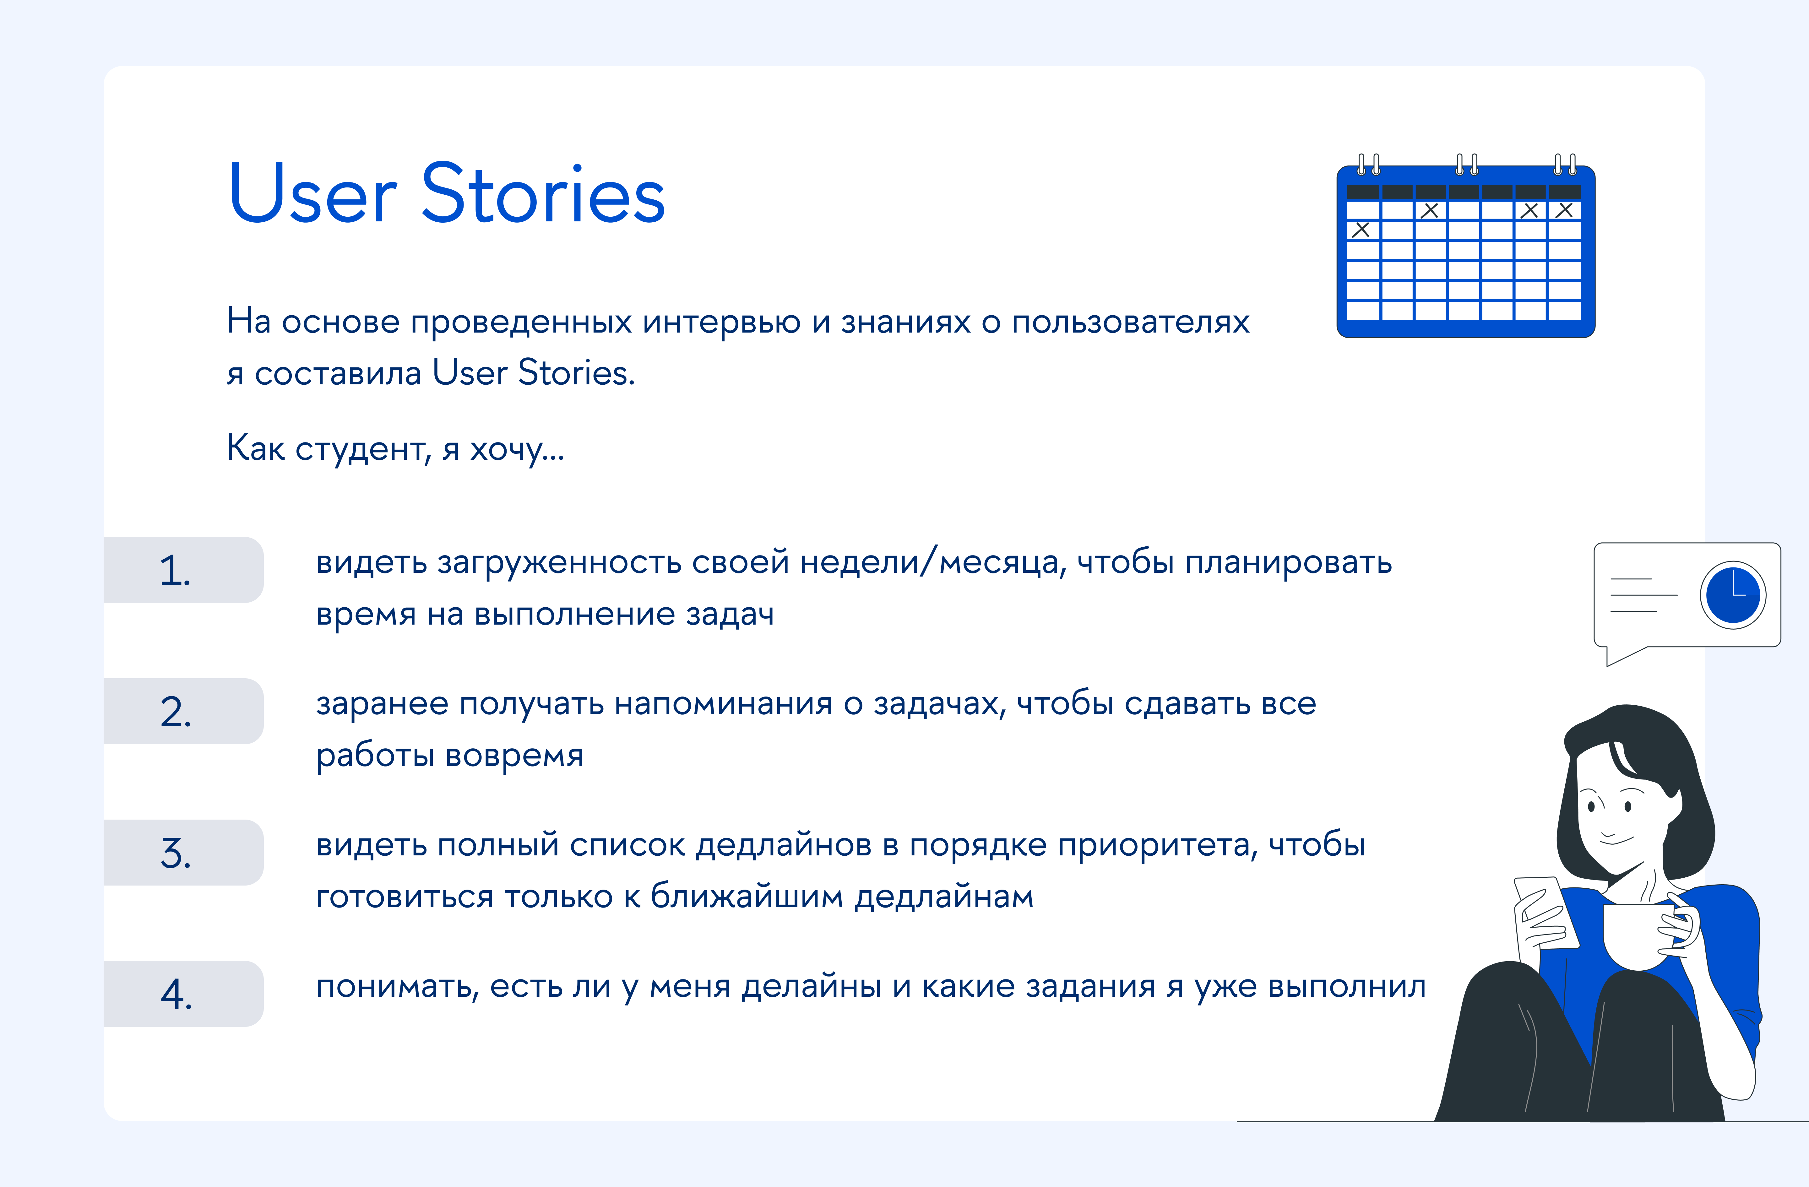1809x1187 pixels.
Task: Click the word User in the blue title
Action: pyautogui.click(x=312, y=195)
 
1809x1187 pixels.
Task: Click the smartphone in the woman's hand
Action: pyautogui.click(x=1547, y=912)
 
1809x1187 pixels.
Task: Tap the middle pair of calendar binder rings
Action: pyautogui.click(x=1466, y=163)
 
